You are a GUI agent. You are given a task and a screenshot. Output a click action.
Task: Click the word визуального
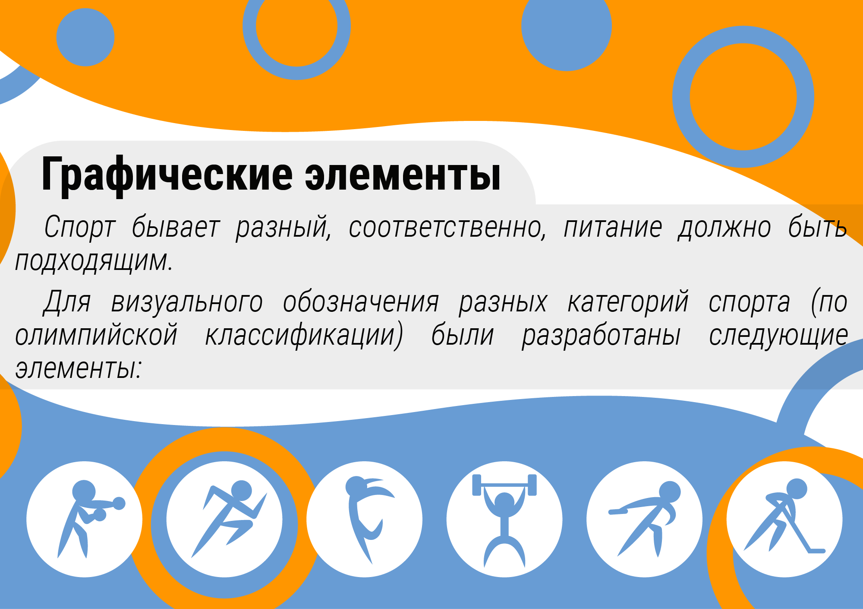pos(187,302)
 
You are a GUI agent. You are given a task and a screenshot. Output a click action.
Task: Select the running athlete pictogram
pos(229,519)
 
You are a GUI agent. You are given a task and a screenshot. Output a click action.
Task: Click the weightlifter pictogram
pos(504,520)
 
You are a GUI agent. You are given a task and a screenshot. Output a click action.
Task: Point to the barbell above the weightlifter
pos(504,485)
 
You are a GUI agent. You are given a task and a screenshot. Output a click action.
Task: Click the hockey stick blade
pos(816,551)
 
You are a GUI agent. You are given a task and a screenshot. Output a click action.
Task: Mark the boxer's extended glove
pos(119,503)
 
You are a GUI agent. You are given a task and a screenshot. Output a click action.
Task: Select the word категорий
pos(628,302)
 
